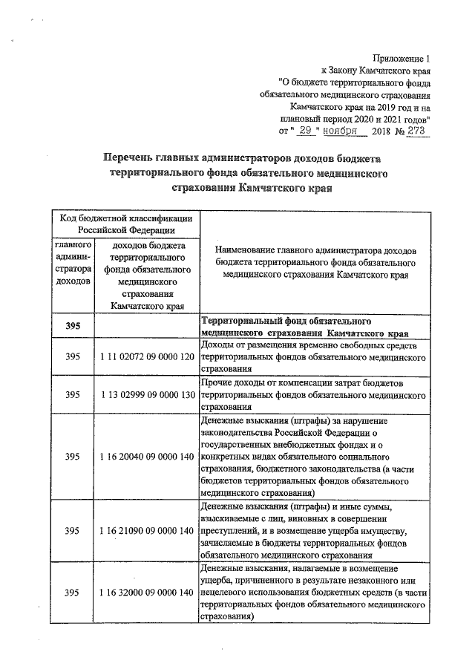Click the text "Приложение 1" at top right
(401, 58)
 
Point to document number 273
(416, 130)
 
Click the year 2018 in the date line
(383, 131)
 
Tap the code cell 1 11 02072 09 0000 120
(146, 357)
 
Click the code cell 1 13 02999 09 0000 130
(146, 394)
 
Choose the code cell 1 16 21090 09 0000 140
(146, 531)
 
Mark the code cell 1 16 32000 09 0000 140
(146, 592)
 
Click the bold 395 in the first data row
(72, 326)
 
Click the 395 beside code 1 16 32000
(72, 592)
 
